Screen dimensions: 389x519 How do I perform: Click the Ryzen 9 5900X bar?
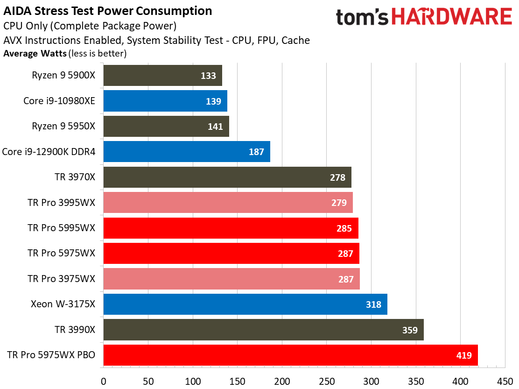coord(162,76)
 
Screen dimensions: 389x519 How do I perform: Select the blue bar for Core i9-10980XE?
coord(165,101)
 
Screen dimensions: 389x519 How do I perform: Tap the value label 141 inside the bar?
coord(215,127)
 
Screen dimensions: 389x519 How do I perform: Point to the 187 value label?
coord(256,152)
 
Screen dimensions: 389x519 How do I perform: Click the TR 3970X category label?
coord(75,177)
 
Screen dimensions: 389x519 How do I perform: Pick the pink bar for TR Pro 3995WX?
coord(228,203)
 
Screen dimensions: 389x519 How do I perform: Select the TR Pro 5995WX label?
coord(61,228)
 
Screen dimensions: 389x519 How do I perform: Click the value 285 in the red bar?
coord(344,228)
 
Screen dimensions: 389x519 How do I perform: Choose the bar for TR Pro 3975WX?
coord(231,279)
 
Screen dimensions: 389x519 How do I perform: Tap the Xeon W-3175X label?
coord(63,304)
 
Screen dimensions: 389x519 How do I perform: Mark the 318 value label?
coord(373,304)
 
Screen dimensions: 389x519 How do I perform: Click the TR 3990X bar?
coord(263,330)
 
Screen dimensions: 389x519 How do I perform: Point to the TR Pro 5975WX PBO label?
coord(51,355)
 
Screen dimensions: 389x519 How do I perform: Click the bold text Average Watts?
coord(35,53)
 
